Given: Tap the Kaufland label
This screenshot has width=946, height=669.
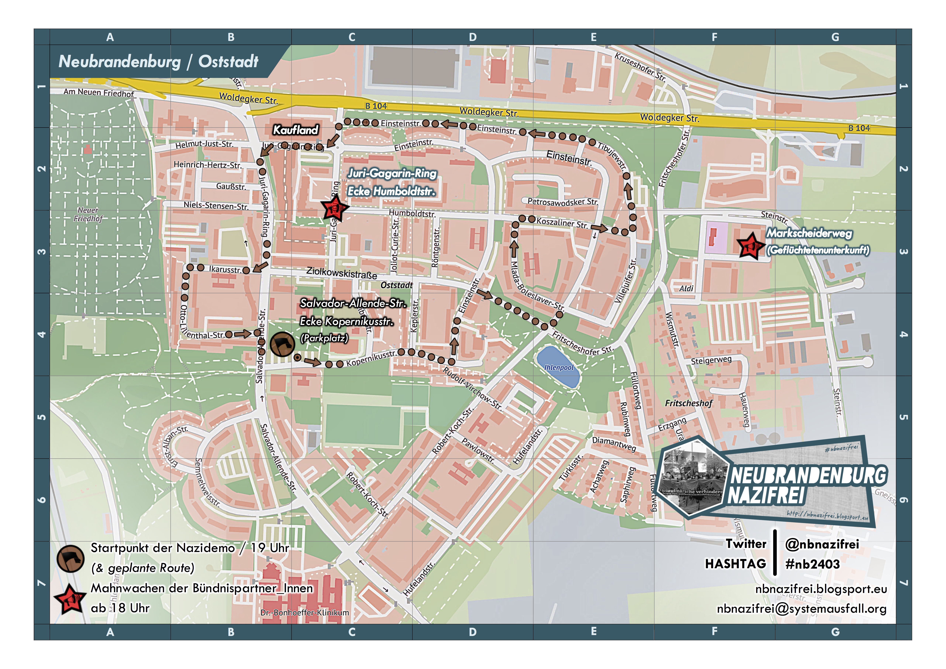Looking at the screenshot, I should pos(295,130).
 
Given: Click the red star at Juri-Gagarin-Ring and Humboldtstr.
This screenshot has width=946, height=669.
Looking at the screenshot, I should pos(335,209).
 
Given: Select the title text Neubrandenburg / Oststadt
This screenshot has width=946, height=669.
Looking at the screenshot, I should pos(159,61).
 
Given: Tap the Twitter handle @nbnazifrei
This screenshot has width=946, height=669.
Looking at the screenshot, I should pos(822,544).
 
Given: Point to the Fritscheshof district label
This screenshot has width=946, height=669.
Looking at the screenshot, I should pos(688,403).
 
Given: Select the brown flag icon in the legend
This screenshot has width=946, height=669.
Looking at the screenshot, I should pos(71,558).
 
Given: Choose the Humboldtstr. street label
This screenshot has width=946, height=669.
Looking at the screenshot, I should pos(412,214).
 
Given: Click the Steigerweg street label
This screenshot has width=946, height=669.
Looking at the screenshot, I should pos(711,360).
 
